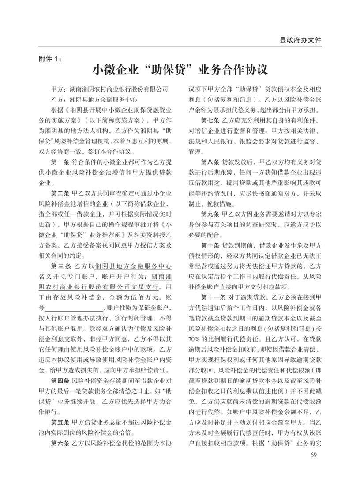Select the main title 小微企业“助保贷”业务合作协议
coord(180,71)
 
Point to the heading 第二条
coord(61,193)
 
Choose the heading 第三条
coord(61,266)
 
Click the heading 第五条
coord(61,421)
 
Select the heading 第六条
coord(61,443)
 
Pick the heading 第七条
coord(211,120)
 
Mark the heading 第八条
coord(211,162)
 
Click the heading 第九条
coord(211,214)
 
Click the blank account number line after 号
coord(74,308)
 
